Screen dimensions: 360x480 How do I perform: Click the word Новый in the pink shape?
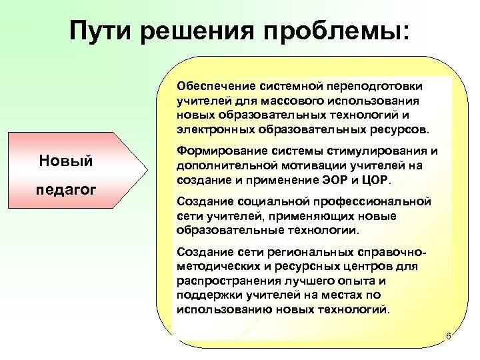(x=66, y=161)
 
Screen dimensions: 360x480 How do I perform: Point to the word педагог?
(x=66, y=189)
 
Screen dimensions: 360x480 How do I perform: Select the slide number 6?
(x=449, y=337)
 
